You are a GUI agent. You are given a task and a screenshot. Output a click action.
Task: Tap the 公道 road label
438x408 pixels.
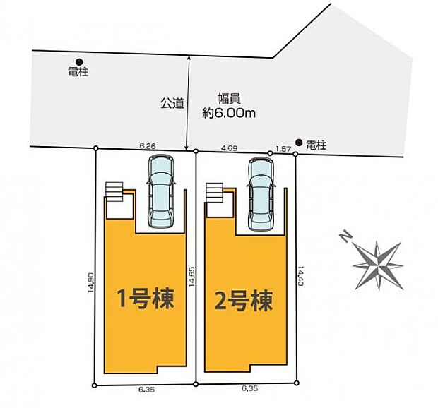coord(172,103)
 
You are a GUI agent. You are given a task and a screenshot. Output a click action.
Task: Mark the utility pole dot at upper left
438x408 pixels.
coord(79,61)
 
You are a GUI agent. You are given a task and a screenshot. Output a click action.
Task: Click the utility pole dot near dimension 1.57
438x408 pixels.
coord(299,143)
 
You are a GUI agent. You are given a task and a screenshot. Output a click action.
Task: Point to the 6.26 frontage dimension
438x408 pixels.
coord(147,145)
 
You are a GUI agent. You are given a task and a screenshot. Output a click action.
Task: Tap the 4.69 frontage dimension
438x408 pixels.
coord(228,148)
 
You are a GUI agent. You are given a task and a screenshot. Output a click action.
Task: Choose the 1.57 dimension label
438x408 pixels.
coord(283,148)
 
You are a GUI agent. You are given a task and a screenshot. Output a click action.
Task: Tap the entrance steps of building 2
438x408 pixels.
coord(214,192)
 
